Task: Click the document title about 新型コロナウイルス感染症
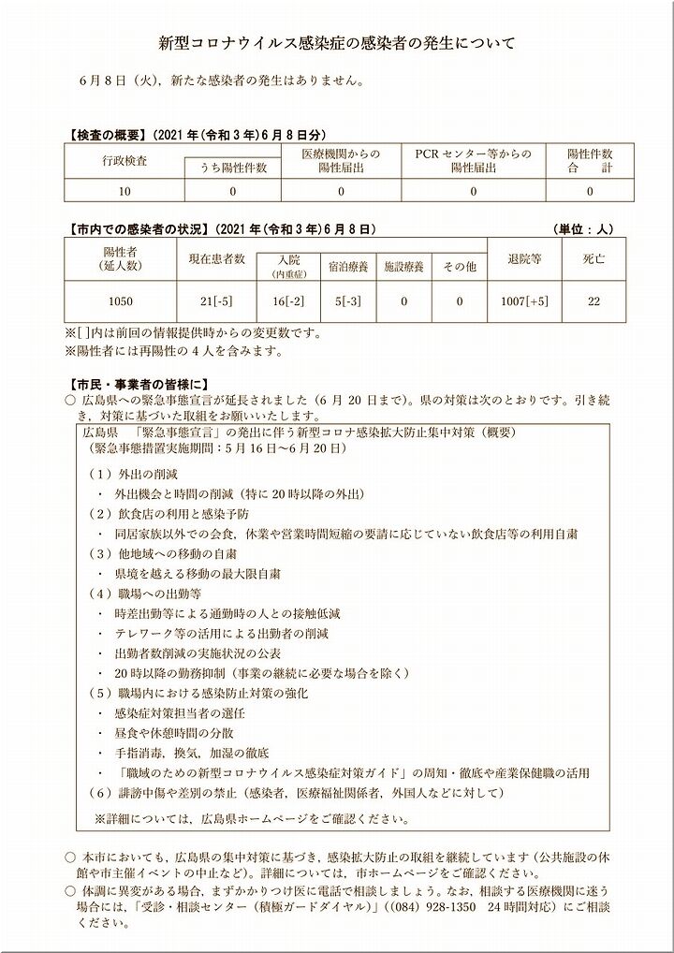(x=336, y=43)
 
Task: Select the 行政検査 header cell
(x=125, y=160)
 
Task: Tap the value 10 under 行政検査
(x=125, y=191)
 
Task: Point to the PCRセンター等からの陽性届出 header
(x=473, y=160)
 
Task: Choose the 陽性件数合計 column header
(x=590, y=160)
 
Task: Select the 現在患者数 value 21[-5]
(x=216, y=301)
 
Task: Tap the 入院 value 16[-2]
(x=288, y=301)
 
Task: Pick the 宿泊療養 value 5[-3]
(x=349, y=301)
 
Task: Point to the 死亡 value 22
(x=593, y=301)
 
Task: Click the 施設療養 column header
(x=404, y=267)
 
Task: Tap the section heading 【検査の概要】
(x=102, y=134)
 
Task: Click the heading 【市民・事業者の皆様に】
(x=132, y=383)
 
